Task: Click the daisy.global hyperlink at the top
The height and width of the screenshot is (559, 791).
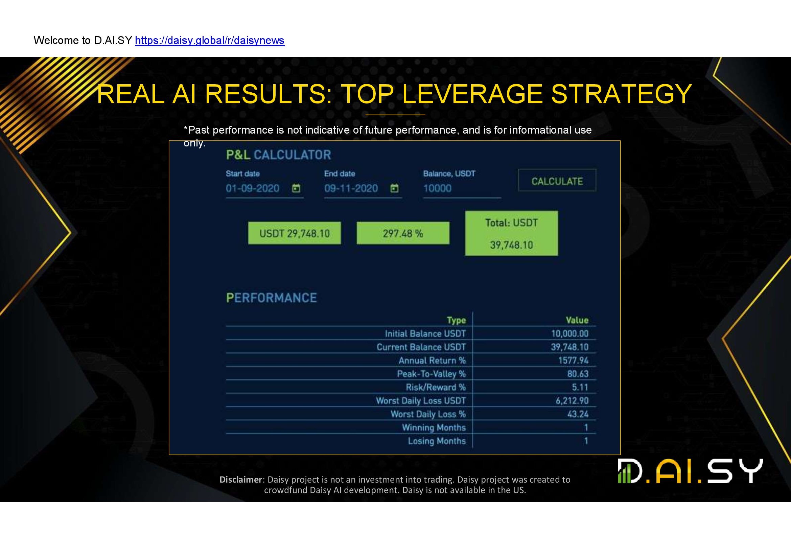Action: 210,41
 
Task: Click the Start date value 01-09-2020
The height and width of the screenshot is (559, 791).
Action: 253,188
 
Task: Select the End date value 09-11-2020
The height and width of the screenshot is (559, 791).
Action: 351,188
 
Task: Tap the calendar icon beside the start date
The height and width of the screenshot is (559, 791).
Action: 296,188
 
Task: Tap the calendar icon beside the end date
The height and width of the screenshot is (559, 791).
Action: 394,188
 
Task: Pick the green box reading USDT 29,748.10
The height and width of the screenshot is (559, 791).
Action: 295,233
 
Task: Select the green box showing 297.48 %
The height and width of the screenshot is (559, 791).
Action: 403,233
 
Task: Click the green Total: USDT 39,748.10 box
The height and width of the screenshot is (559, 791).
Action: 512,233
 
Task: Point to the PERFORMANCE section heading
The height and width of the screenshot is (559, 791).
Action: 272,298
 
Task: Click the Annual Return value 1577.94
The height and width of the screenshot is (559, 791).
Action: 573,360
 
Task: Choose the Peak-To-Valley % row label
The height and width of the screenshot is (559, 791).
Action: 431,374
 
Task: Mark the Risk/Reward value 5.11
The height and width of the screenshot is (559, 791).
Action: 580,387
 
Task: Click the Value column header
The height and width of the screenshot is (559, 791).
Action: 577,320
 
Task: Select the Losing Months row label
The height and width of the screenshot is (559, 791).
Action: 437,441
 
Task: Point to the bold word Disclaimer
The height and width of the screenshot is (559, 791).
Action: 241,480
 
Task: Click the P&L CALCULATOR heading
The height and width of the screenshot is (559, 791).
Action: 278,155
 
